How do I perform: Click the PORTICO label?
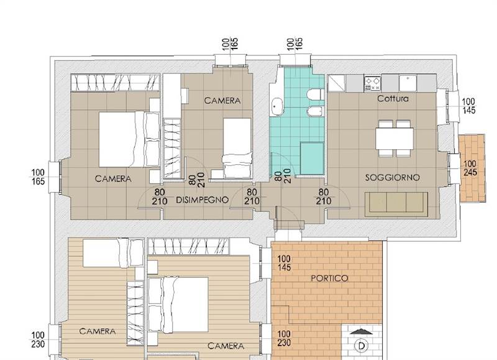pos(329,279)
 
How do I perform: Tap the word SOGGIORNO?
pos(393,178)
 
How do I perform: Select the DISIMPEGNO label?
pos(202,200)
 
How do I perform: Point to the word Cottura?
pos(393,99)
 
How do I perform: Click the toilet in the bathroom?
pos(315,95)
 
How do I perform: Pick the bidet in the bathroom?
pos(315,111)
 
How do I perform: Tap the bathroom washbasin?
pos(277,106)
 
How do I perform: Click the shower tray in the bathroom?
pos(312,159)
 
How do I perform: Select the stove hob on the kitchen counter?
pos(372,83)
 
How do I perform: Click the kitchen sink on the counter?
pos(408,83)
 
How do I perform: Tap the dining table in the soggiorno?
pos(394,138)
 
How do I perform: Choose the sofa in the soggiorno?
pos(396,204)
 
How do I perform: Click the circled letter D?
pos(362,346)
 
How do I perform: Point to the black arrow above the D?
pos(361,332)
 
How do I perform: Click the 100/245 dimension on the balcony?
pos(470,168)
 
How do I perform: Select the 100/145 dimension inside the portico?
pos(284,263)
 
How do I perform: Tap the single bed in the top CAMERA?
pos(237,148)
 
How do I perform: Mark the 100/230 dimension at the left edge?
pos(38,339)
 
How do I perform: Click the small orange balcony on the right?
pos(472,168)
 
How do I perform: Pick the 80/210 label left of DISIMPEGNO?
pos(160,196)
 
